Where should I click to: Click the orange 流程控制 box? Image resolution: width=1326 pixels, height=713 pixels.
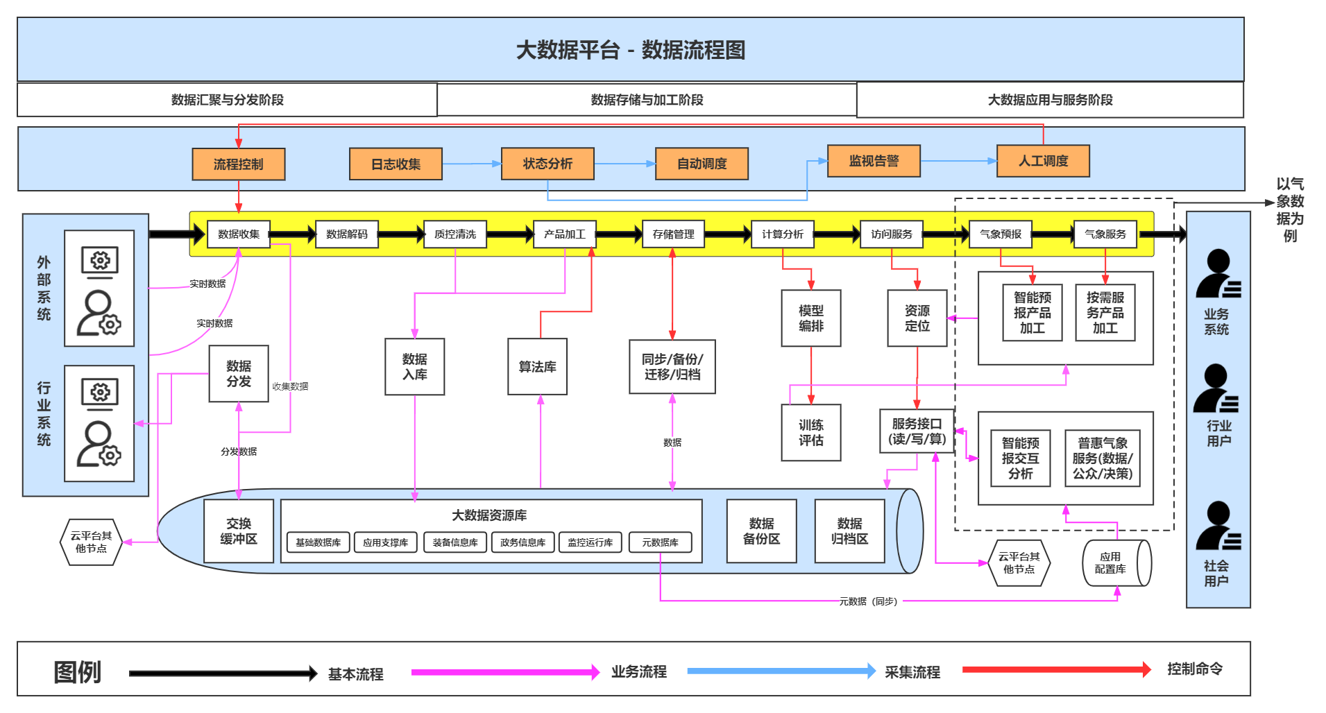click(238, 164)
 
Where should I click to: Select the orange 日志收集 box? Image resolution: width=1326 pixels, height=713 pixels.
click(396, 164)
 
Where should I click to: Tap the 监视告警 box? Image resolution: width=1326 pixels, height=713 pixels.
click(874, 161)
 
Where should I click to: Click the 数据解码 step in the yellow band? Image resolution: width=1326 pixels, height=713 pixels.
click(346, 234)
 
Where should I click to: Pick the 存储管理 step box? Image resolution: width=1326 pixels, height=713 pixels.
click(673, 234)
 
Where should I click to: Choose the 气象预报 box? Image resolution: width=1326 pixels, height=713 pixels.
click(1000, 234)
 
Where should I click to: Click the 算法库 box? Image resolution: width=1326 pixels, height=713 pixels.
click(537, 367)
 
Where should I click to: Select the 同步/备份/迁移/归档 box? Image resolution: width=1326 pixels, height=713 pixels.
click(672, 367)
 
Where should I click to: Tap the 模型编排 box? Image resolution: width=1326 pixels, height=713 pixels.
click(810, 318)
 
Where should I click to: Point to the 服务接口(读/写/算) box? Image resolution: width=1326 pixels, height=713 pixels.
click(917, 431)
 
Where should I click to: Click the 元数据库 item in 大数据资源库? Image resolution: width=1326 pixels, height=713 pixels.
click(660, 542)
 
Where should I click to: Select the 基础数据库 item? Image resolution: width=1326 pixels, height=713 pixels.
click(318, 542)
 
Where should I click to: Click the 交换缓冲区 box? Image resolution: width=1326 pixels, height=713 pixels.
click(238, 531)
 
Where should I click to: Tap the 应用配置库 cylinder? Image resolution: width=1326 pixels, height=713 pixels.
click(1114, 562)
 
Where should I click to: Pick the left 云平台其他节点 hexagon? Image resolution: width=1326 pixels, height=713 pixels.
click(91, 542)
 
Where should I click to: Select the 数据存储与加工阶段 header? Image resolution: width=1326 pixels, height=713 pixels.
click(647, 100)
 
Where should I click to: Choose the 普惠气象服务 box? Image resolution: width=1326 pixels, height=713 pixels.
click(1102, 458)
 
